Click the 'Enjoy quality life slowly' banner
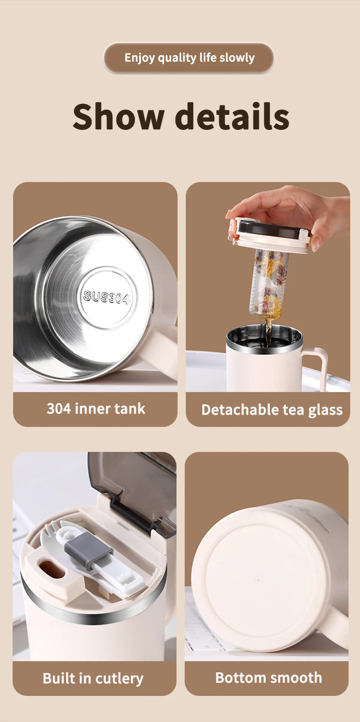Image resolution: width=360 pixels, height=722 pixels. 189,58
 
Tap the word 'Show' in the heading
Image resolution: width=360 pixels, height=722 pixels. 118,117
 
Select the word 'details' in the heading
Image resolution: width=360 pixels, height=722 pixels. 232,117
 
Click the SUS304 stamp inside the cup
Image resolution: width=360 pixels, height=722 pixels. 107,297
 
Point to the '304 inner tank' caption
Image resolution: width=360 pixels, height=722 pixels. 96,408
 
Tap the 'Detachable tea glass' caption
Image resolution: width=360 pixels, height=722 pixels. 272,410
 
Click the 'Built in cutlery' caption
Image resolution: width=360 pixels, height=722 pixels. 93,678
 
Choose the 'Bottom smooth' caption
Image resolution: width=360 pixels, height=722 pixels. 268,678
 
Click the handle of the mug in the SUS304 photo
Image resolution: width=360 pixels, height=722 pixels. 162,346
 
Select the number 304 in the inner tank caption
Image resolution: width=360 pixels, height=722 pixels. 58,408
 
